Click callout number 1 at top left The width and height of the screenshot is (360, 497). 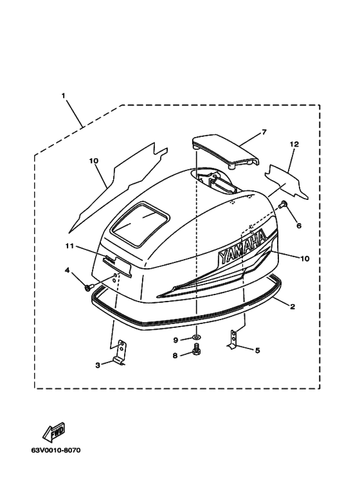click(64, 95)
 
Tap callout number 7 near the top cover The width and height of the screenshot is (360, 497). click(264, 132)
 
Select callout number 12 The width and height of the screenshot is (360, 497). click(294, 144)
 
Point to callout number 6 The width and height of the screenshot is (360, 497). click(298, 226)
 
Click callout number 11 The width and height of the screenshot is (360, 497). click(69, 246)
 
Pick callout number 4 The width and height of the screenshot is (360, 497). click(67, 270)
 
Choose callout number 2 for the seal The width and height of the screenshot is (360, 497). click(292, 307)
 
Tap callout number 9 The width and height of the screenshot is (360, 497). click(175, 340)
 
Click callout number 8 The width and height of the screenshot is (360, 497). click(175, 356)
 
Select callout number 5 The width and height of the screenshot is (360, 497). click(257, 350)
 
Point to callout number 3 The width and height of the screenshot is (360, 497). click(98, 365)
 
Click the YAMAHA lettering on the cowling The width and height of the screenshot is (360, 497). click(242, 248)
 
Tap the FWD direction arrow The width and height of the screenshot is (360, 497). click(54, 431)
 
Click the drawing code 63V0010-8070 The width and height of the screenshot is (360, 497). click(56, 450)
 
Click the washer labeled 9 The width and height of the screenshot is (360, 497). click(197, 336)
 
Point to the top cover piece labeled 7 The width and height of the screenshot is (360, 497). click(225, 151)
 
